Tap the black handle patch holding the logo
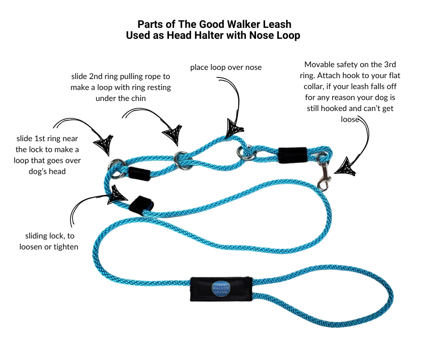pyautogui.click(x=221, y=289)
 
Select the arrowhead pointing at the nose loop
pyautogui.click(x=235, y=127)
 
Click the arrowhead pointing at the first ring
pyautogui.click(x=104, y=143)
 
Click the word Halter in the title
pyautogui.click(x=200, y=35)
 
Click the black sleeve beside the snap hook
pyautogui.click(x=293, y=154)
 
